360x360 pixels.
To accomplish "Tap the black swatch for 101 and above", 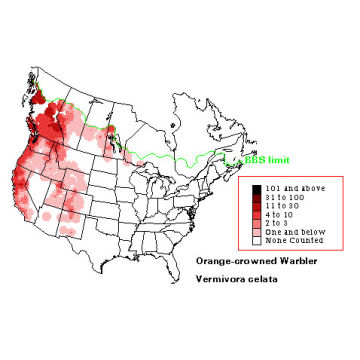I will pos(257,188).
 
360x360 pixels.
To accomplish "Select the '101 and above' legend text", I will pos(290,188).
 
